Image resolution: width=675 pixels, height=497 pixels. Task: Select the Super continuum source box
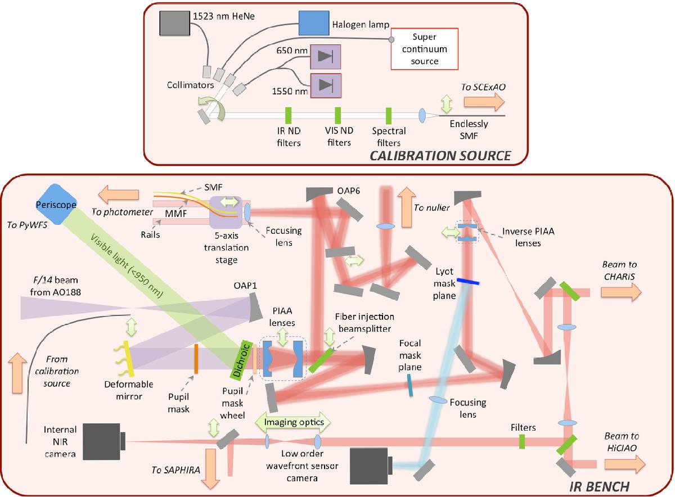(x=425, y=49)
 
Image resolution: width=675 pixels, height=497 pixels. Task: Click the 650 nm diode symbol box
(x=325, y=56)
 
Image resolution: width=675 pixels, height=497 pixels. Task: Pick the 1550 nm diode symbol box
(x=325, y=84)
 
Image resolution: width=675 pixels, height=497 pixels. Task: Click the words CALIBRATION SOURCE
(x=440, y=156)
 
